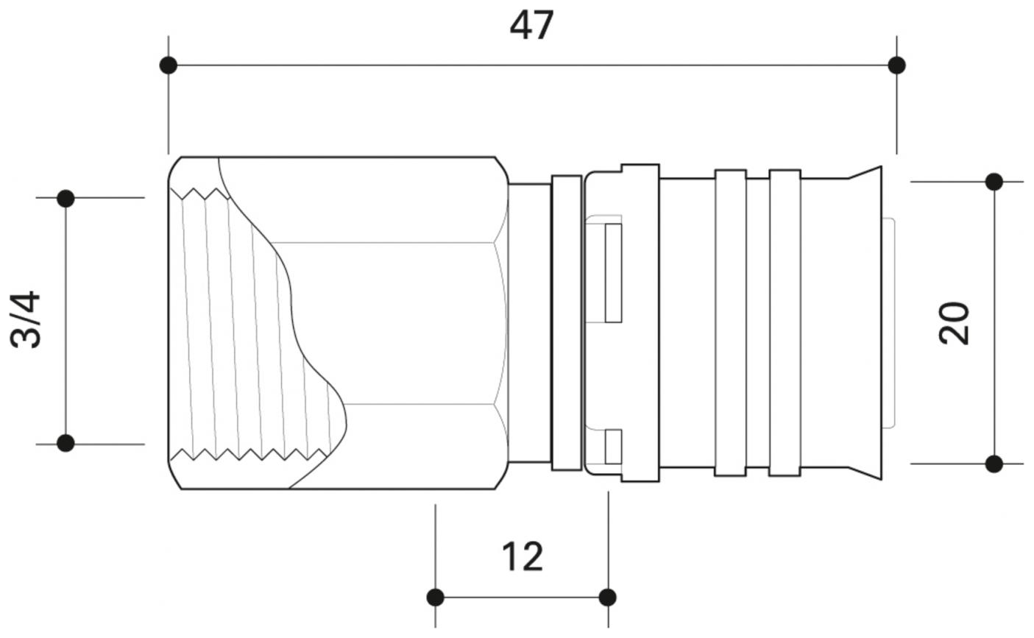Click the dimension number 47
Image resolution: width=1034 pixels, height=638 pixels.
point(531,26)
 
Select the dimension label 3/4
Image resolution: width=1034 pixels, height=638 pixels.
point(26,320)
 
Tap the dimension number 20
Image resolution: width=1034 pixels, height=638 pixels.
point(955,322)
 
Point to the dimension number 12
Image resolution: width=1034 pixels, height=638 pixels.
point(523,556)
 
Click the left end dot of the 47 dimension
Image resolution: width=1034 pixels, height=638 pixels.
point(169,65)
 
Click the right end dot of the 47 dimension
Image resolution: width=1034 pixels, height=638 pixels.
point(896,65)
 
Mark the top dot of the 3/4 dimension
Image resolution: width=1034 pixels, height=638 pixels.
point(65,198)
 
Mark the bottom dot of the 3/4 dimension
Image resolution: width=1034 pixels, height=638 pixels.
point(65,443)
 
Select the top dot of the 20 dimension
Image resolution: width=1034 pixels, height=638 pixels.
point(994,182)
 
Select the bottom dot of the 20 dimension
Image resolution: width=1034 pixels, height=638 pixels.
point(994,464)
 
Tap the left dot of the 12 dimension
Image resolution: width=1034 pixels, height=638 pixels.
point(436,597)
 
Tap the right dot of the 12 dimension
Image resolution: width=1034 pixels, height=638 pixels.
point(608,597)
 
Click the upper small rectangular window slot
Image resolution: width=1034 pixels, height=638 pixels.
point(613,273)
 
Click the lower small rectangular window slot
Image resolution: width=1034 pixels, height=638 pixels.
point(613,447)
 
